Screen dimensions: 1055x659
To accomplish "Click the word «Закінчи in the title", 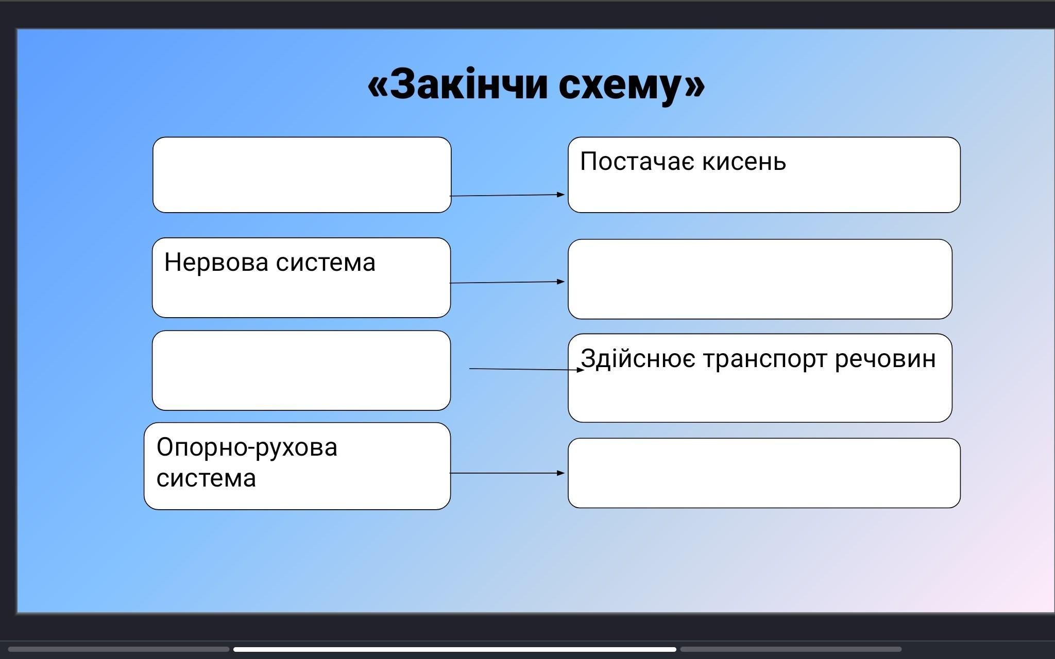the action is pos(457,84).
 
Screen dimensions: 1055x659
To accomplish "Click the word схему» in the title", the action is pos(632,86).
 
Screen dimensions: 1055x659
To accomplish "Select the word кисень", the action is pos(744,161).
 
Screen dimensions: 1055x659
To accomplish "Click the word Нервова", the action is pos(216,262).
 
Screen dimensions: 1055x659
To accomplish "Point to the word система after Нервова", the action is pos(326,263).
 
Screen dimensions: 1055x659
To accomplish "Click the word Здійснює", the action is pos(638,359).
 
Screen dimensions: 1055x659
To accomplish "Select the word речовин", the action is pos(885,359).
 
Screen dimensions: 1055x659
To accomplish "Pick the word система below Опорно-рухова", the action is pos(206,478).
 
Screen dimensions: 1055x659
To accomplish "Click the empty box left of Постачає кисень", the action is pos(302,175).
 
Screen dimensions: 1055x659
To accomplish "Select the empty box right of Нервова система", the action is pos(760,279).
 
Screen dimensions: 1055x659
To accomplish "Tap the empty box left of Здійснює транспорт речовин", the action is pos(301,371).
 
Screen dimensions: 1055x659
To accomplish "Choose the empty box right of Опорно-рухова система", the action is pos(764,473).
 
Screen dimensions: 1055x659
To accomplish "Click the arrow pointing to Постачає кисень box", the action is pos(507,195).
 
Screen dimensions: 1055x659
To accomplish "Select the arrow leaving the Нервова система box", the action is pos(507,282).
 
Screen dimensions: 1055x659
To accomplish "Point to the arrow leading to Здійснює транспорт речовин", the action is pos(527,369).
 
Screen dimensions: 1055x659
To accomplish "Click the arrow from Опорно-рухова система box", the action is pos(507,473).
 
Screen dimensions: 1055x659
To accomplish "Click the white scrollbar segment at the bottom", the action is pos(455,649).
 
